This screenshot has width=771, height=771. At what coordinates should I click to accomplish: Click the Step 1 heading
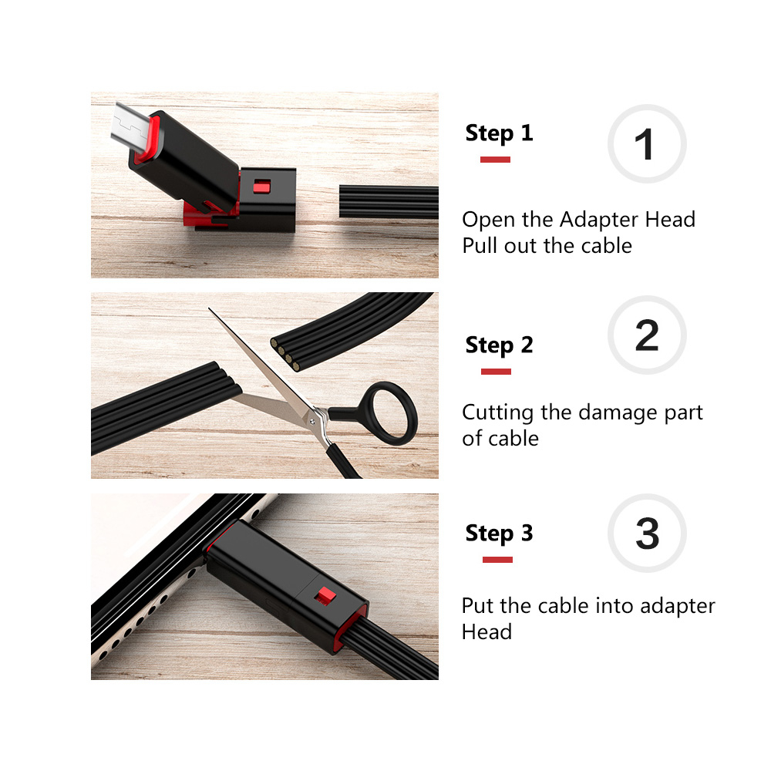[499, 133]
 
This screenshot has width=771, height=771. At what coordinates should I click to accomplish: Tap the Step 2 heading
[499, 345]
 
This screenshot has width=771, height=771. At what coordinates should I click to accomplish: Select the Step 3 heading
[499, 534]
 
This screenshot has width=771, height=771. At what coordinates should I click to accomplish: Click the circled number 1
[646, 144]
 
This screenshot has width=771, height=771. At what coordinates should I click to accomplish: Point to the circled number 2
[646, 335]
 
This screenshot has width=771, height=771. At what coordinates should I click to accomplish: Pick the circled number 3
[646, 534]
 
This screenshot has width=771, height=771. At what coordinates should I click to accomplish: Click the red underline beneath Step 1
[495, 160]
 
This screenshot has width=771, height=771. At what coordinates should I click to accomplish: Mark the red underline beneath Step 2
[496, 372]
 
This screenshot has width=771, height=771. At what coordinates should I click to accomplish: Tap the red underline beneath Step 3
[497, 560]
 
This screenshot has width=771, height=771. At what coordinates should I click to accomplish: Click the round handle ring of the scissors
[392, 413]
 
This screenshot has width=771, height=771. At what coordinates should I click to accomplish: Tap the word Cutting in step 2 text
[498, 412]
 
